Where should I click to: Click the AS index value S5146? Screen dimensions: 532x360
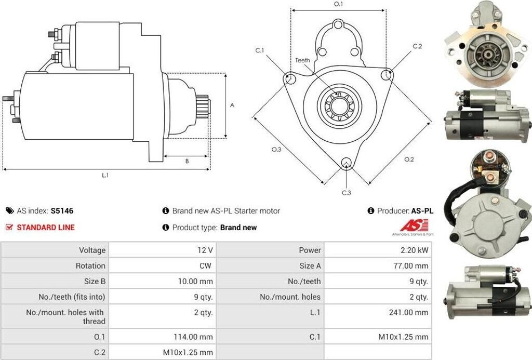62,211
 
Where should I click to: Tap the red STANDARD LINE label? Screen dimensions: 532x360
46,227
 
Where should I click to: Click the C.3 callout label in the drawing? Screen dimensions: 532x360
347,193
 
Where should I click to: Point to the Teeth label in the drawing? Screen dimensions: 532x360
302,60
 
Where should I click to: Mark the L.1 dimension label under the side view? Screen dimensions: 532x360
105,175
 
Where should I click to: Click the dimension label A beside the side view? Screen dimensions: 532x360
232,105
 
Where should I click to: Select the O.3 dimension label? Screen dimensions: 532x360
276,150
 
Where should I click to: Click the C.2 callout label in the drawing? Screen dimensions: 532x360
417,46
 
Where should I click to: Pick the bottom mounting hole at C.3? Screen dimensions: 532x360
347,164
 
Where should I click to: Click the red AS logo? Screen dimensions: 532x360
414,226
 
